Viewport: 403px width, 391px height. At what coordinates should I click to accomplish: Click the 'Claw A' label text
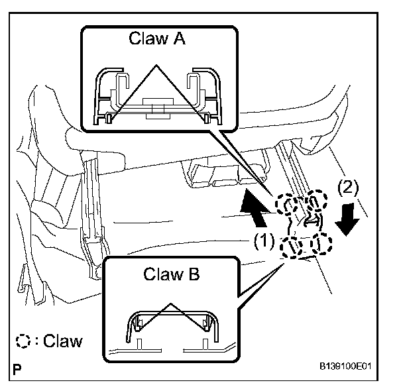pos(158,38)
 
